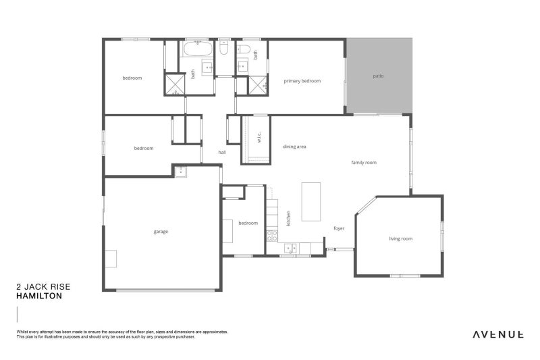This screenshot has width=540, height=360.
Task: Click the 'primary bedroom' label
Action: (x=302, y=81)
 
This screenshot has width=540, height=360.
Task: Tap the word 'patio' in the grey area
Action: (x=378, y=76)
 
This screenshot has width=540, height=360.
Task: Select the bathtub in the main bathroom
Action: (x=198, y=50)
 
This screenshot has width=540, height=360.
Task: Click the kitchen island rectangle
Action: (x=310, y=201)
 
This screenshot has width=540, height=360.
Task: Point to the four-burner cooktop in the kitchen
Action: (x=273, y=236)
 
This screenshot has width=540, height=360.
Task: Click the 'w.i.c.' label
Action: (x=259, y=138)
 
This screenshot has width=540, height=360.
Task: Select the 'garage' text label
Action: (x=161, y=232)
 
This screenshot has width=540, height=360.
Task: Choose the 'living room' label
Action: (x=400, y=238)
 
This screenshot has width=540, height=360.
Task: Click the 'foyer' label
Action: (x=339, y=228)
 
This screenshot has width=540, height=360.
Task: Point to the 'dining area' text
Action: (x=295, y=146)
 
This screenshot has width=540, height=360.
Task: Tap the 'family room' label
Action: (x=364, y=163)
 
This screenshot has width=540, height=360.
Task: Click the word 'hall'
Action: (x=221, y=153)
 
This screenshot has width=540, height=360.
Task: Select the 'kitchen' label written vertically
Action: (x=288, y=217)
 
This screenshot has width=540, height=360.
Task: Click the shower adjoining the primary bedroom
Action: (x=257, y=84)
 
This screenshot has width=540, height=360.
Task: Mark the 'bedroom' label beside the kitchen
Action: (x=248, y=223)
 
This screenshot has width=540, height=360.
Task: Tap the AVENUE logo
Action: (x=498, y=334)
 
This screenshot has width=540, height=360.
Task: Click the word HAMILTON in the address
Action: (x=39, y=296)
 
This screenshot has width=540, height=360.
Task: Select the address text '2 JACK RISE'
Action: (x=43, y=286)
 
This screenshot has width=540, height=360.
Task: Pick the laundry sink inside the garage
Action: (x=181, y=172)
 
